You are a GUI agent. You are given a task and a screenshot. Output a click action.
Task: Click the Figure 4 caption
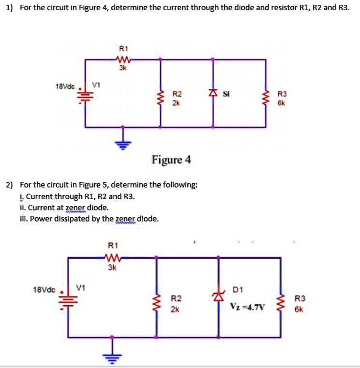tap(171, 160)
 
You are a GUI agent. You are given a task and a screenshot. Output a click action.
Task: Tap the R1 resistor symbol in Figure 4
tap(122, 59)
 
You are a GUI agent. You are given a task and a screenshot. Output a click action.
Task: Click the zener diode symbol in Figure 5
tap(219, 295)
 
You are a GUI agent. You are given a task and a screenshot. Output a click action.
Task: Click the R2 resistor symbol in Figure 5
tap(156, 304)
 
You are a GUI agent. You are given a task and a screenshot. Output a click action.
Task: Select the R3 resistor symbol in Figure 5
tap(280, 304)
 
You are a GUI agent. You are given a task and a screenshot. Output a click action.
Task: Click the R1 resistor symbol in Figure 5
tap(111, 258)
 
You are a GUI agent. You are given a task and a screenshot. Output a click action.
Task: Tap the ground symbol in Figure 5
tap(112, 357)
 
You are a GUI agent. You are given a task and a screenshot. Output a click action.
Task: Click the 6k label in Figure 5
tap(300, 308)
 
